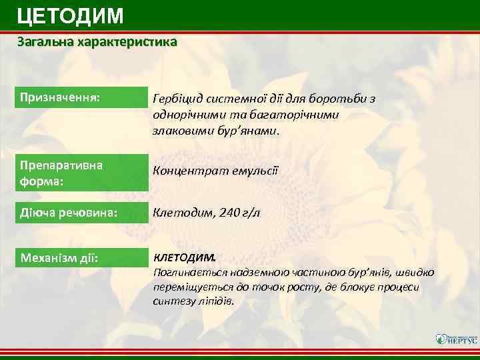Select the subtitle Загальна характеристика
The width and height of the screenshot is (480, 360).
click(x=97, y=42)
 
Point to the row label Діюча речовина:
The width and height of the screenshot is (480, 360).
click(x=69, y=213)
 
